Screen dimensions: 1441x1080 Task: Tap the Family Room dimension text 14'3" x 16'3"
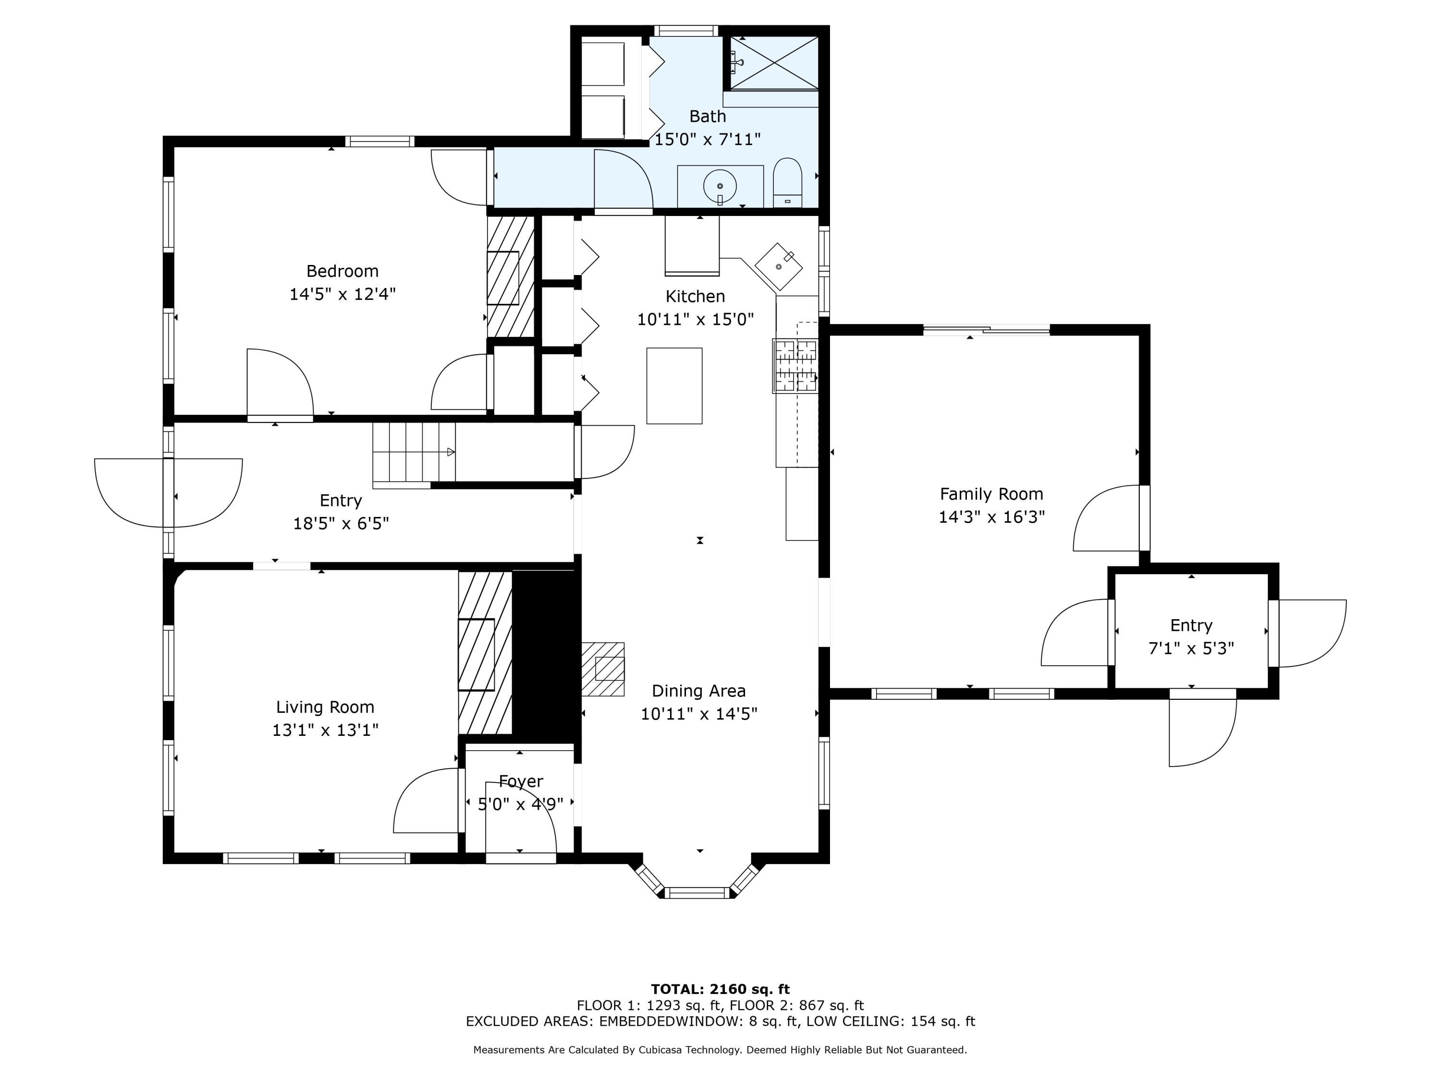coord(991,517)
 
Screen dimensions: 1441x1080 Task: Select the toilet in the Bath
coord(788,182)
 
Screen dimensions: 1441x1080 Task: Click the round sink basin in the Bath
coord(720,186)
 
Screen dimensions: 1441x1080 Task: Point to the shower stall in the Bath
coord(774,62)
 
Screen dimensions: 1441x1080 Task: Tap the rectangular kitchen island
coord(674,386)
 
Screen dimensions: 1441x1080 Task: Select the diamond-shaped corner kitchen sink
coord(779,267)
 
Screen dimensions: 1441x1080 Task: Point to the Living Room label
coord(325,707)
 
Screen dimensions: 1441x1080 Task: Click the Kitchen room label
coord(695,297)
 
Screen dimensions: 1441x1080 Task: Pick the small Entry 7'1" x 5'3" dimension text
coord(1191,648)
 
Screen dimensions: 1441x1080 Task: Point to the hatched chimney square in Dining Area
coord(603,669)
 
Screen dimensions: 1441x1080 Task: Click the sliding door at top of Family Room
coord(986,330)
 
